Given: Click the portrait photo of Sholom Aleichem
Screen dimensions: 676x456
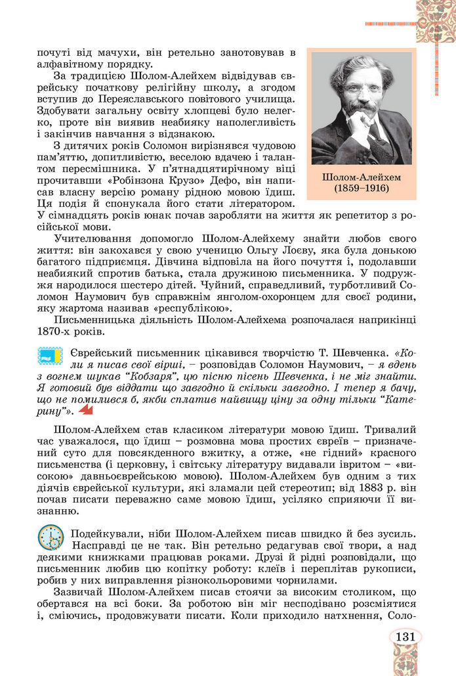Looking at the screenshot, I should click(361, 108).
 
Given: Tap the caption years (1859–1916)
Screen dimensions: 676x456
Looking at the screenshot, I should click(361, 189).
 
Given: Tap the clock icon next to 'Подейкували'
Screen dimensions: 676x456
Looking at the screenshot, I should click(51, 537).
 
